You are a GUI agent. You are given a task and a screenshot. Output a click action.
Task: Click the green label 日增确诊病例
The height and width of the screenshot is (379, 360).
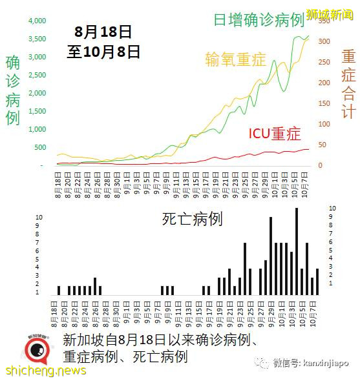pyautogui.click(x=259, y=20)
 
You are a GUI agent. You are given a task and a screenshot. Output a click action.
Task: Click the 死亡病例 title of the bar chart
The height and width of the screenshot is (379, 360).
pyautogui.click(x=192, y=219)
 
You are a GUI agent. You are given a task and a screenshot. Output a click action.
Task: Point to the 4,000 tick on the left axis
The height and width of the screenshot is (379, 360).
pyautogui.click(x=37, y=21)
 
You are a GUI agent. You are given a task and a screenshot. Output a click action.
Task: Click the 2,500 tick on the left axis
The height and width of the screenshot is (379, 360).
pyautogui.click(x=37, y=75)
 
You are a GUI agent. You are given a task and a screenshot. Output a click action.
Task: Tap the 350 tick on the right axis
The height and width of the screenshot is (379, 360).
pyautogui.click(x=324, y=21)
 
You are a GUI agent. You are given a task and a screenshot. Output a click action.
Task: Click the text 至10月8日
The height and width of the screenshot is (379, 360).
pyautogui.click(x=103, y=51)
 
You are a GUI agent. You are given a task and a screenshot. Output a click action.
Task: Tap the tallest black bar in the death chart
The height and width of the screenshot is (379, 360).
pyautogui.click(x=296, y=251)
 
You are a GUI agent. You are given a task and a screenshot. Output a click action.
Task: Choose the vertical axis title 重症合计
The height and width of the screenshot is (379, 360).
pyautogui.click(x=348, y=84)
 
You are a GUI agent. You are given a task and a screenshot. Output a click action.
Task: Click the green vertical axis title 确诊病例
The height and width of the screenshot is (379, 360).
pyautogui.click(x=13, y=90)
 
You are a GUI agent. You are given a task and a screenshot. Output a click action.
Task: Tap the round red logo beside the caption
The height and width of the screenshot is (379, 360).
pyautogui.click(x=38, y=349)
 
